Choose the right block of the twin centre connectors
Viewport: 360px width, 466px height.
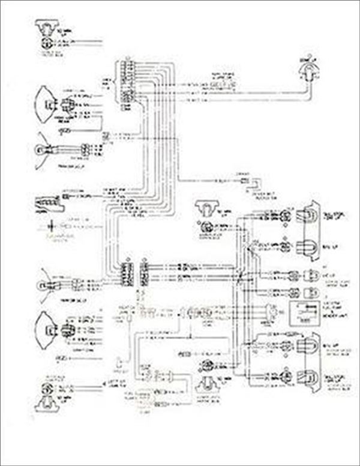pos(143,274)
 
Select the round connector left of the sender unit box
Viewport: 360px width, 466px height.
pos(273,313)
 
